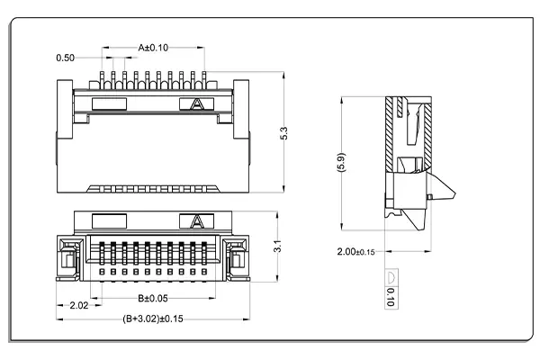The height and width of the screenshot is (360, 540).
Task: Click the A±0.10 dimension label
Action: pos(154,47)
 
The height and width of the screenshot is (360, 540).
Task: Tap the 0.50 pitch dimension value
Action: pos(65,58)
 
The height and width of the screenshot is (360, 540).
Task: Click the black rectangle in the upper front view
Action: pos(108,103)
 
